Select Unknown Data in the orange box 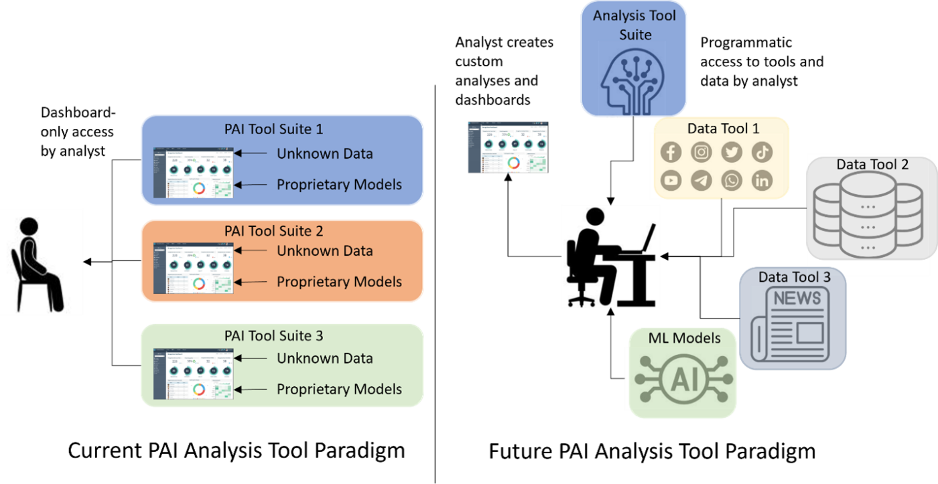pos(324,251)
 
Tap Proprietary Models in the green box pos(339,389)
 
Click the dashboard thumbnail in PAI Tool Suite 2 pos(193,268)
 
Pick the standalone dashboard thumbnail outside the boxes pos(508,148)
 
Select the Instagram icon pos(701,152)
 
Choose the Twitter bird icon pos(732,152)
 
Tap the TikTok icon pos(762,152)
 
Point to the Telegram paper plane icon pos(701,181)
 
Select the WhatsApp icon pos(732,181)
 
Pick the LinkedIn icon pos(762,181)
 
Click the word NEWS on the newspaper pos(797,299)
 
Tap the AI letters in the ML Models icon pos(683,379)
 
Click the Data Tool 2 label pos(872,164)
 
